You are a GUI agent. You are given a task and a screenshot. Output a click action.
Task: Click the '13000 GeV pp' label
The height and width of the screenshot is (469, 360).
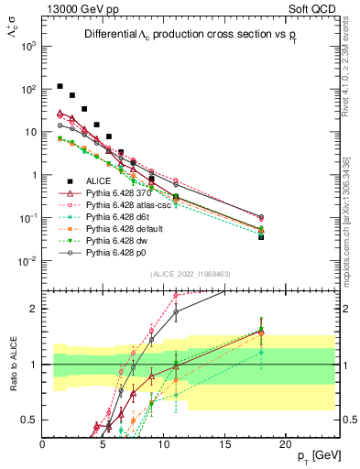[77, 7]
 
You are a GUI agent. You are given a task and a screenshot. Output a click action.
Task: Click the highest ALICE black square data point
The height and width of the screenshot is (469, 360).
[60, 86]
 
